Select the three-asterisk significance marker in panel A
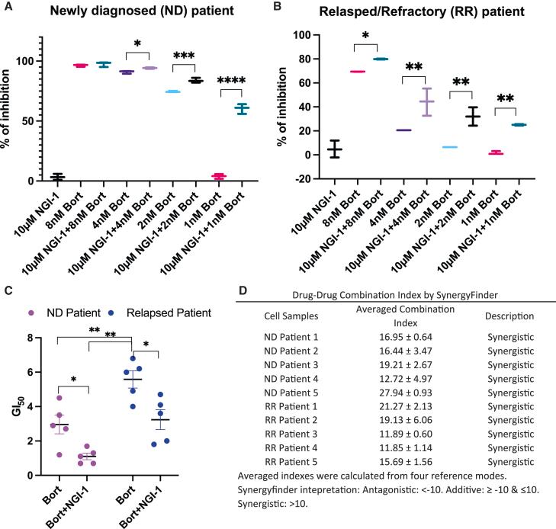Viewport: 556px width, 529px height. [185, 57]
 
